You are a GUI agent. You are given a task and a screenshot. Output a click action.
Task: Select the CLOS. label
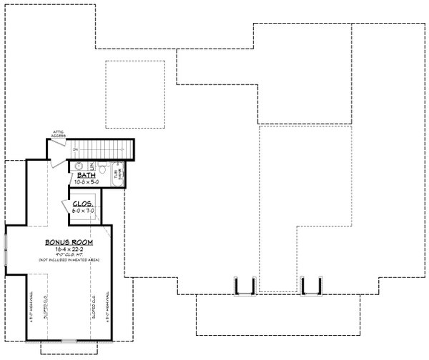[x=83, y=204]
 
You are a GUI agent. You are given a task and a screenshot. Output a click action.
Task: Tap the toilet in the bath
[x=104, y=169]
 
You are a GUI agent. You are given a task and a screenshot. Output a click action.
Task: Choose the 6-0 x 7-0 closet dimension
[x=83, y=211]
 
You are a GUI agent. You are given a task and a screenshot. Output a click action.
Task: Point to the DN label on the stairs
[x=76, y=149]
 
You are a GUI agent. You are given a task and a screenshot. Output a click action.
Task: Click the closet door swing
[x=78, y=209]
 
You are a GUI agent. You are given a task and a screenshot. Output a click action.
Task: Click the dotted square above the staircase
[x=135, y=88]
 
